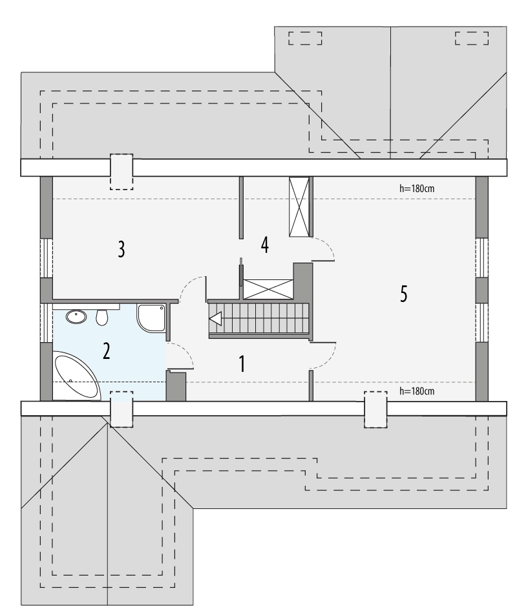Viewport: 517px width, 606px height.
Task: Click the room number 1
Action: [x=242, y=364]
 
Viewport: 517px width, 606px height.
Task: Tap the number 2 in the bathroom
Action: [x=107, y=351]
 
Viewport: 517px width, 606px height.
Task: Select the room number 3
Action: [x=121, y=249]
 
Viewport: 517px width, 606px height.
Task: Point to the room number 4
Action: [x=264, y=244]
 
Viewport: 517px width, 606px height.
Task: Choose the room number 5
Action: [x=403, y=294]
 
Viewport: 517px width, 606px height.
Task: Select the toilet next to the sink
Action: [x=101, y=318]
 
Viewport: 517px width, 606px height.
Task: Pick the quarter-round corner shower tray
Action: [x=151, y=318]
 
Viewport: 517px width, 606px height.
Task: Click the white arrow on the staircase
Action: [x=215, y=318]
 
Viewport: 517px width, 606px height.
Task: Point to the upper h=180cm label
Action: [x=417, y=189]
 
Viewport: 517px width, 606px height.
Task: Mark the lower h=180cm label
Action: [x=417, y=391]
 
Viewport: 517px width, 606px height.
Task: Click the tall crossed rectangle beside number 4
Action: [x=299, y=208]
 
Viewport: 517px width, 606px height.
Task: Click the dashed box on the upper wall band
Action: [x=121, y=171]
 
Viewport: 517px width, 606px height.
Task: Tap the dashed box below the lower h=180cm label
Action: [x=375, y=410]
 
